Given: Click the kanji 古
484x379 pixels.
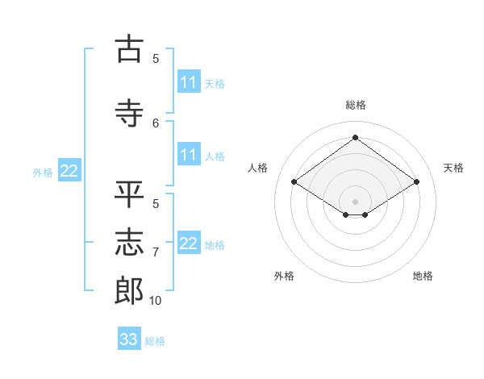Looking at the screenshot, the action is point(129,48).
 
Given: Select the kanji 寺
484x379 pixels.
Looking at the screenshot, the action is point(129,113).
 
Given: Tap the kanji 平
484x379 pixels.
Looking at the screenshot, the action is point(129,194).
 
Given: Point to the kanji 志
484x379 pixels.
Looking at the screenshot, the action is point(129,242).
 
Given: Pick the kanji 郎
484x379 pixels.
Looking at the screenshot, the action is point(129,290).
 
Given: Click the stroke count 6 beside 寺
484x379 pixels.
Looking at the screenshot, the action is point(156,123).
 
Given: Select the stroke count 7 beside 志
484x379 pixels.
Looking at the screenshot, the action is point(156,252).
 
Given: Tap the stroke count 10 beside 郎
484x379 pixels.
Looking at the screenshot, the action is point(155,301).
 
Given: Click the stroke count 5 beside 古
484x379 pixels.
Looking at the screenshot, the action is point(156,59).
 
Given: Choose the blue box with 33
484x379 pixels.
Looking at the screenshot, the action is point(129,338).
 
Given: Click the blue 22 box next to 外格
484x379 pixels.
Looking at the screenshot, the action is point(69,170).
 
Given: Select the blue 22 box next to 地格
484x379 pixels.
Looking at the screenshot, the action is point(189,242).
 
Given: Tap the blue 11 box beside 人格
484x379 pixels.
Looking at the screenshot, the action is point(189,154).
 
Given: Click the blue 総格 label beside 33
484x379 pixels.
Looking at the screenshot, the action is point(155,341).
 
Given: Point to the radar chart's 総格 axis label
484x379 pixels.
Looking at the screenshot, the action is point(356,105).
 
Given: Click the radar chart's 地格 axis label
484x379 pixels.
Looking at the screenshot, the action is point(423,276).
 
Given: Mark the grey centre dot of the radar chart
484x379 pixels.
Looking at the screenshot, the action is point(355,202).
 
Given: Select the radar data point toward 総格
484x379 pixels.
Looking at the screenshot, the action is point(355,137).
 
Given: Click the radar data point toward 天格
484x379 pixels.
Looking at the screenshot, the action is point(417,181).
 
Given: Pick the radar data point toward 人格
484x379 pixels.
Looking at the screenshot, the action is point(294,181).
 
